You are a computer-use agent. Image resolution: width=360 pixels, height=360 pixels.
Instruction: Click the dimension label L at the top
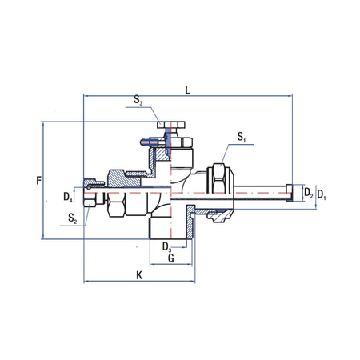tap(187, 90)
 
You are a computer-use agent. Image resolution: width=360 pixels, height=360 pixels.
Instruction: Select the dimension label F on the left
tap(38, 181)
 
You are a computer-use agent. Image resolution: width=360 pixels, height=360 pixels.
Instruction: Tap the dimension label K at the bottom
tap(138, 276)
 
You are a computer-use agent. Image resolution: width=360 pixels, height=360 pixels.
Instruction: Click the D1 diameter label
tap(322, 194)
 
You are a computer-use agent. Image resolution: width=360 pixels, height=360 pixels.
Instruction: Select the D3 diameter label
tap(167, 246)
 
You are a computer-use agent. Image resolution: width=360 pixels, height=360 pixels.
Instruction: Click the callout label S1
tap(242, 138)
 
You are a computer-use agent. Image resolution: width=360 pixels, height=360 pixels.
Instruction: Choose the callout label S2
tap(72, 218)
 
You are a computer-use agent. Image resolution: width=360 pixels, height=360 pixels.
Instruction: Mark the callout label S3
tap(138, 101)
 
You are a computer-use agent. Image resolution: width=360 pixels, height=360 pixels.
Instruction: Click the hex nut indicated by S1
tap(218, 181)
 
